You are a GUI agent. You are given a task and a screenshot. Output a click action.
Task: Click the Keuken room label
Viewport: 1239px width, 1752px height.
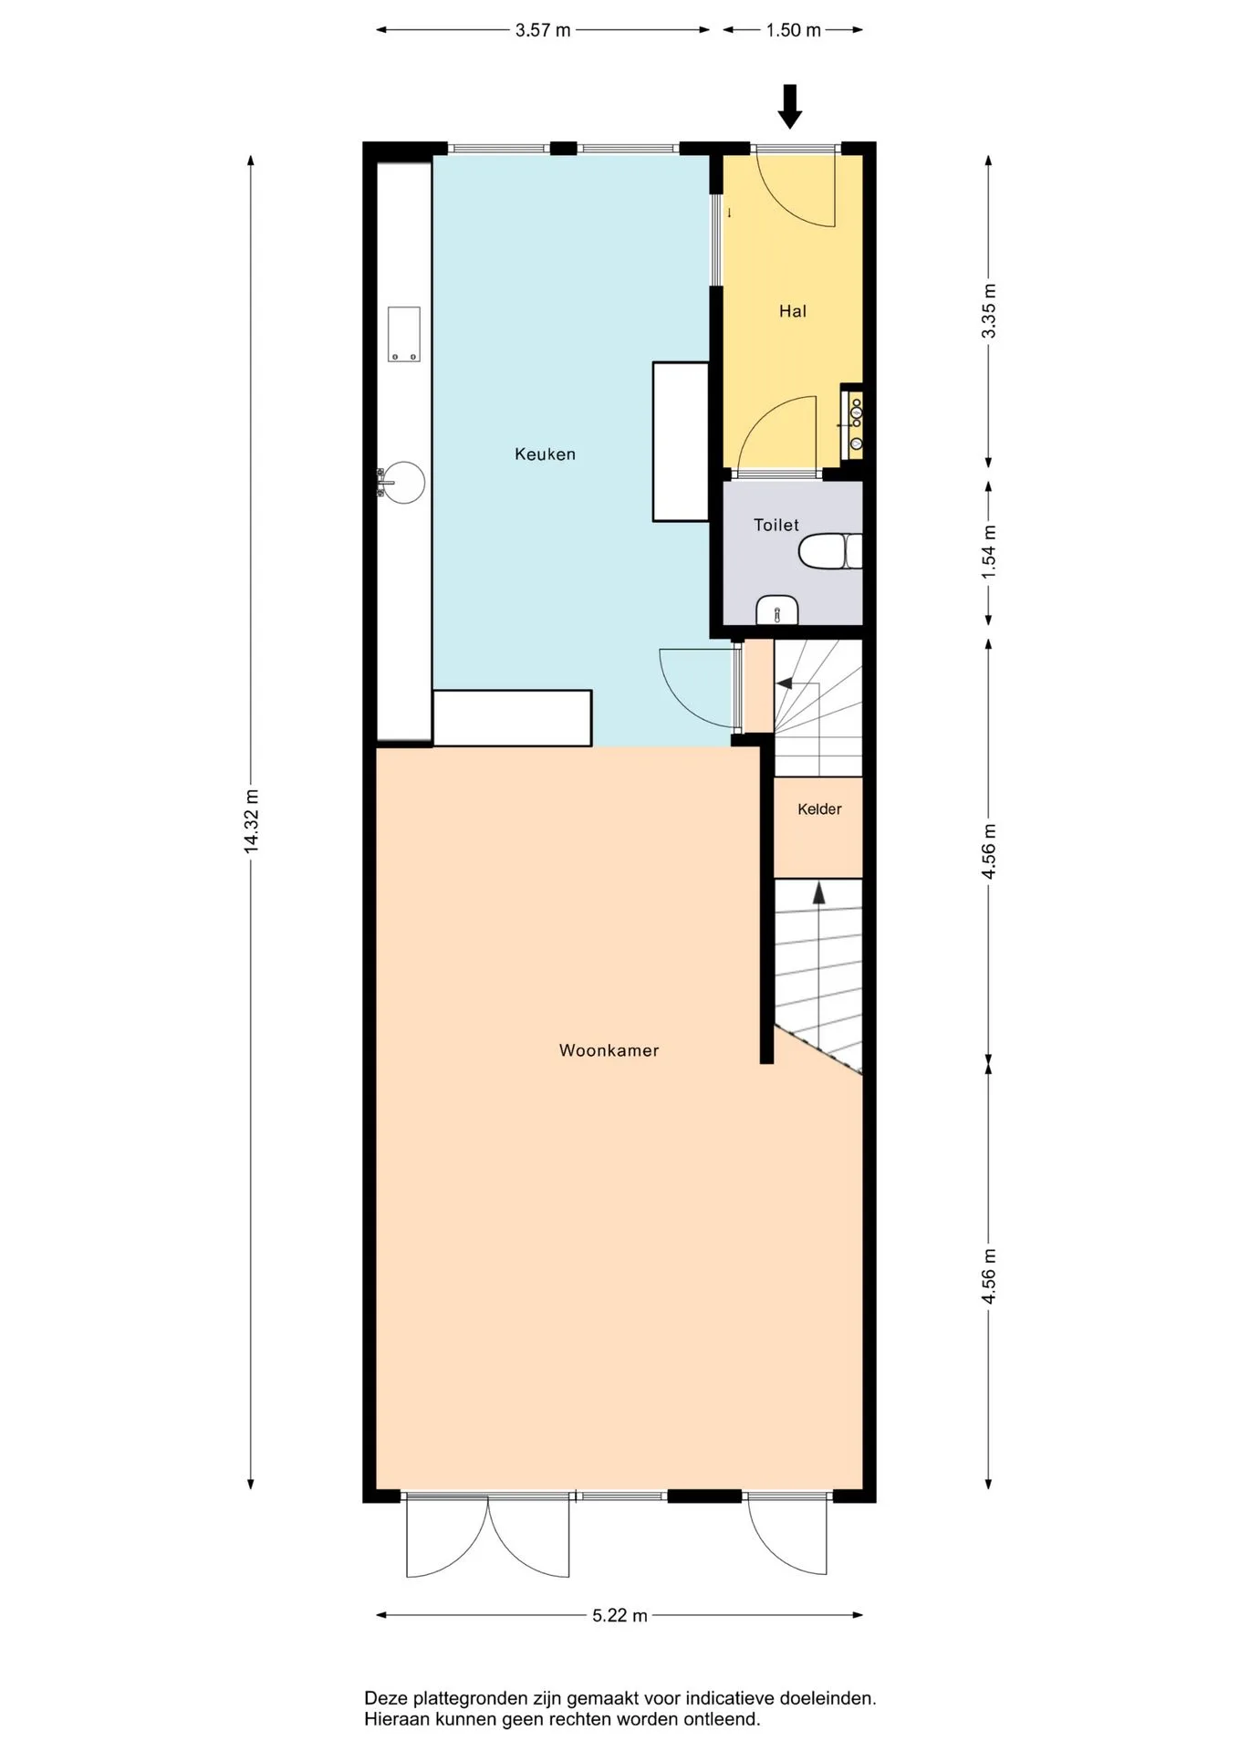(x=545, y=454)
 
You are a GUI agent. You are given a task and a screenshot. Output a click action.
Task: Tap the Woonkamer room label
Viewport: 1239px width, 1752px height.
(x=609, y=1050)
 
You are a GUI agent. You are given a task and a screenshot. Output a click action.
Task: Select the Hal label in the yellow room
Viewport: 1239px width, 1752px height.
(x=793, y=311)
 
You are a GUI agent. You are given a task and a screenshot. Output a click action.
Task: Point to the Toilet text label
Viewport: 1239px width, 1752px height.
(x=776, y=525)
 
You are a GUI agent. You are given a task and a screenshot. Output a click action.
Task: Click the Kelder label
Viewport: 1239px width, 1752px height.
(x=819, y=808)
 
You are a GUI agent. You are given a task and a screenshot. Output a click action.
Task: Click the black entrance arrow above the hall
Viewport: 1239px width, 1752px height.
(x=790, y=106)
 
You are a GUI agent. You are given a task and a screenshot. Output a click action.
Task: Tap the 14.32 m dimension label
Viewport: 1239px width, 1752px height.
(x=252, y=821)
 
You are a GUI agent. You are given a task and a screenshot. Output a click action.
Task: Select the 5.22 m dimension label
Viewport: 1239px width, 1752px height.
(x=619, y=1615)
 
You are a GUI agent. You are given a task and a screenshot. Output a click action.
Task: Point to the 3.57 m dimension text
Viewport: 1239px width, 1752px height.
(x=543, y=30)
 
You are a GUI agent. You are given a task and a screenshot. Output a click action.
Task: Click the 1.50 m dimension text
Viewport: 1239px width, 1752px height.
(x=793, y=30)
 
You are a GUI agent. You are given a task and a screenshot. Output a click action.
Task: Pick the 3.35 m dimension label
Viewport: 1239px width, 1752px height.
(x=988, y=311)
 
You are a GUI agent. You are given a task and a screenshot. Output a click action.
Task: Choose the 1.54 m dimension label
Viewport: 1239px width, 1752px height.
(x=988, y=551)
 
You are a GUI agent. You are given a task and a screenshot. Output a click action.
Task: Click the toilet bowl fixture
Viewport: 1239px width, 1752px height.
(x=830, y=551)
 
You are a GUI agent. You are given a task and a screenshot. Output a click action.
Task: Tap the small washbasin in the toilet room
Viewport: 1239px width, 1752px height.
(x=777, y=610)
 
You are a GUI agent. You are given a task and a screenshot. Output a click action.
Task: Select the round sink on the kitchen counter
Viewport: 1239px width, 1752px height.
(x=403, y=482)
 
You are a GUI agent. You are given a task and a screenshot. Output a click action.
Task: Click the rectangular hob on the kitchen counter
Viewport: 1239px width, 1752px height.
(x=404, y=334)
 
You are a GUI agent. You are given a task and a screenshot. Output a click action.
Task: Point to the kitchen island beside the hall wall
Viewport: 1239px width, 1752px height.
(x=681, y=442)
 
